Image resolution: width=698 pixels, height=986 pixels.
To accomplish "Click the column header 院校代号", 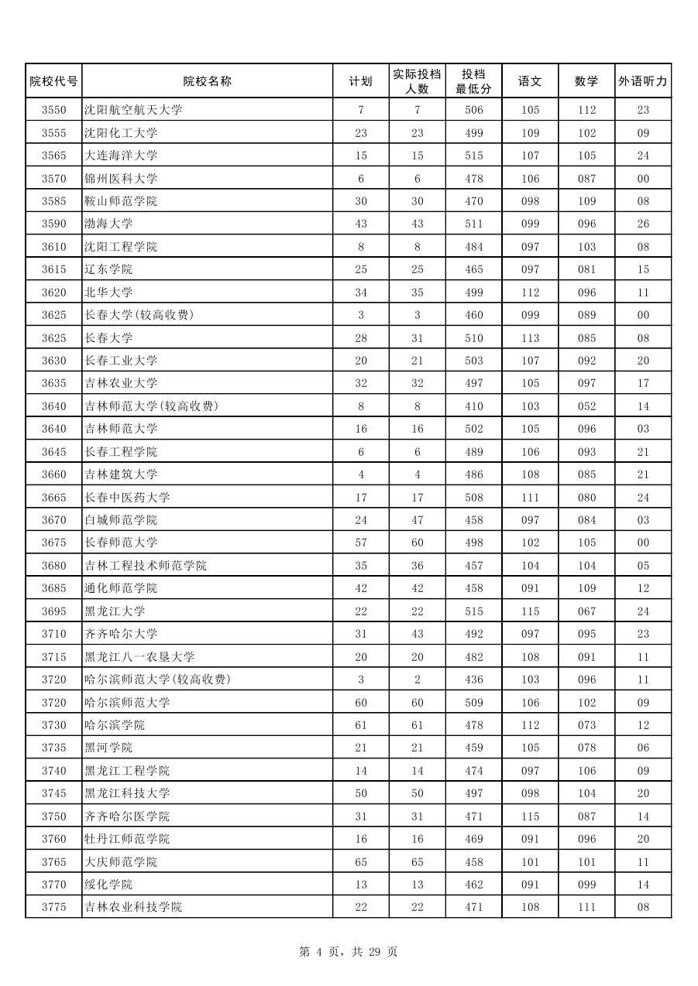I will [53, 81].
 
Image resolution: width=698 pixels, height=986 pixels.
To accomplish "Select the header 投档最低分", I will [473, 81].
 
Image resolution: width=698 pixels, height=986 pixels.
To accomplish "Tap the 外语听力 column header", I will [643, 81].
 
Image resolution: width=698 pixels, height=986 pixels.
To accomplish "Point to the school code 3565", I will [53, 156].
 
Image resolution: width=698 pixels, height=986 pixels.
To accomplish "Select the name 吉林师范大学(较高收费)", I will [151, 406].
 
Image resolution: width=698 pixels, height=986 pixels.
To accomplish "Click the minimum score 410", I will [473, 406].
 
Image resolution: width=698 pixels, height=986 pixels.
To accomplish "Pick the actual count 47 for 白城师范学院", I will [418, 520].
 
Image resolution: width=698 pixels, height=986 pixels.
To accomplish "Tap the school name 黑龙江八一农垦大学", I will [139, 657].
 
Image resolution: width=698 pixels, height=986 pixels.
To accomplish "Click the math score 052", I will [586, 406].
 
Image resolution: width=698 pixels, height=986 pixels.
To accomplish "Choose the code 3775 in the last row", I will [53, 907].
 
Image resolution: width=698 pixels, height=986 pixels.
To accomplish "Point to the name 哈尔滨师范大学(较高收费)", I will [157, 680].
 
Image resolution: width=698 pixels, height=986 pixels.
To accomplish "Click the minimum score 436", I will [473, 680].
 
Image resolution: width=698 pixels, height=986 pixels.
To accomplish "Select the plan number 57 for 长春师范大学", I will [361, 543].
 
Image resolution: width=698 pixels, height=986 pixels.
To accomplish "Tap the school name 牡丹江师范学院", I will [127, 839].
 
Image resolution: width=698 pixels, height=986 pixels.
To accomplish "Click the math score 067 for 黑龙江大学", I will [586, 611].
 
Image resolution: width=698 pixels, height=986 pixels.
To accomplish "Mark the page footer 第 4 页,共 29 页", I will [349, 952].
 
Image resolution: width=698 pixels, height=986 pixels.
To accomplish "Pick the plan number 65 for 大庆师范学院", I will [361, 862].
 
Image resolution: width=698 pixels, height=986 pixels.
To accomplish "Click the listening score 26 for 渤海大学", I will [643, 224].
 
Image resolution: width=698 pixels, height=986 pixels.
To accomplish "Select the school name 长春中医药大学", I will [127, 498].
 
